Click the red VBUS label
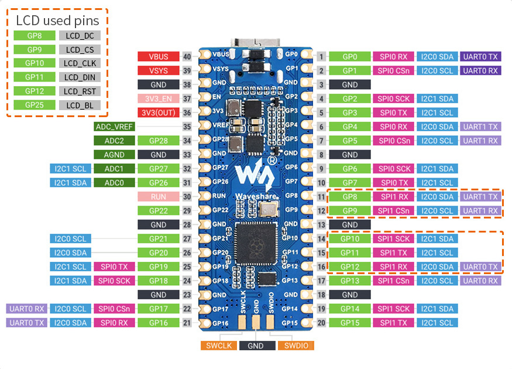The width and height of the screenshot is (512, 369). click(159, 57)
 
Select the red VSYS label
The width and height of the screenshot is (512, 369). click(159, 71)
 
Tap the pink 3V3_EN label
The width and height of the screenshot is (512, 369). click(159, 99)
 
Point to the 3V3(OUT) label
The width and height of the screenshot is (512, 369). click(159, 113)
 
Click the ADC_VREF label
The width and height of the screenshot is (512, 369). click(114, 127)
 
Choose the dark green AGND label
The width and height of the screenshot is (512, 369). click(114, 155)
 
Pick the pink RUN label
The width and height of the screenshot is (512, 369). click(159, 197)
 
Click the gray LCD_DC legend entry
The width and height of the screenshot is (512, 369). click(80, 36)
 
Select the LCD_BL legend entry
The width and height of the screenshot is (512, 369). click(80, 105)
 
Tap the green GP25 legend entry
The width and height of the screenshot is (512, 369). click(35, 105)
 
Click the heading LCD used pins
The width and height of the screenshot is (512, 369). click(57, 20)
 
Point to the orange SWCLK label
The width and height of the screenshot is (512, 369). click(219, 346)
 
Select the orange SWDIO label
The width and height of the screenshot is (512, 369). click(296, 346)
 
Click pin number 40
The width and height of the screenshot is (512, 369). click(187, 57)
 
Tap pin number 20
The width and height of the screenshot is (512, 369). click(321, 323)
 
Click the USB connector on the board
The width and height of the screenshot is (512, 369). click(256, 43)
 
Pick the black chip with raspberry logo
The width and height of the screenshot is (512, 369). click(256, 244)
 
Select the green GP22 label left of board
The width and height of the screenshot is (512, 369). click(159, 211)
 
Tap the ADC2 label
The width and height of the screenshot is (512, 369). click(114, 141)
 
